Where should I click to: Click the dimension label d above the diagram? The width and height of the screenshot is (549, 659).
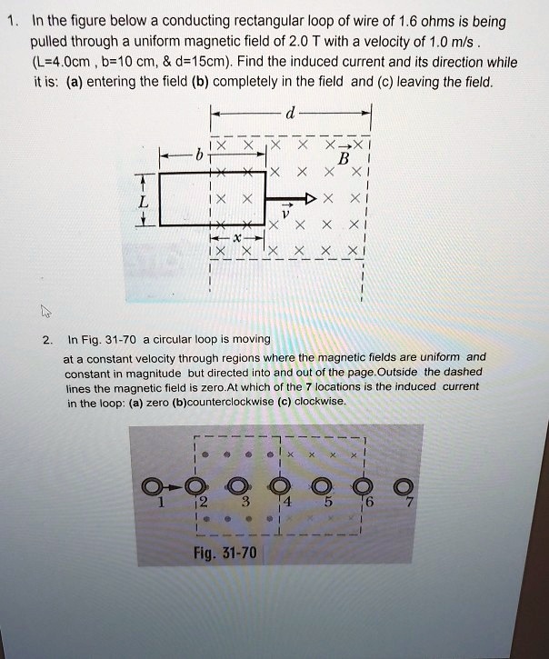tap(289, 114)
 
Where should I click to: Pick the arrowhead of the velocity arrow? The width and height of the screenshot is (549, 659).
tap(311, 197)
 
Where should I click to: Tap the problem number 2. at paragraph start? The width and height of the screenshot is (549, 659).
tap(46, 339)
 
